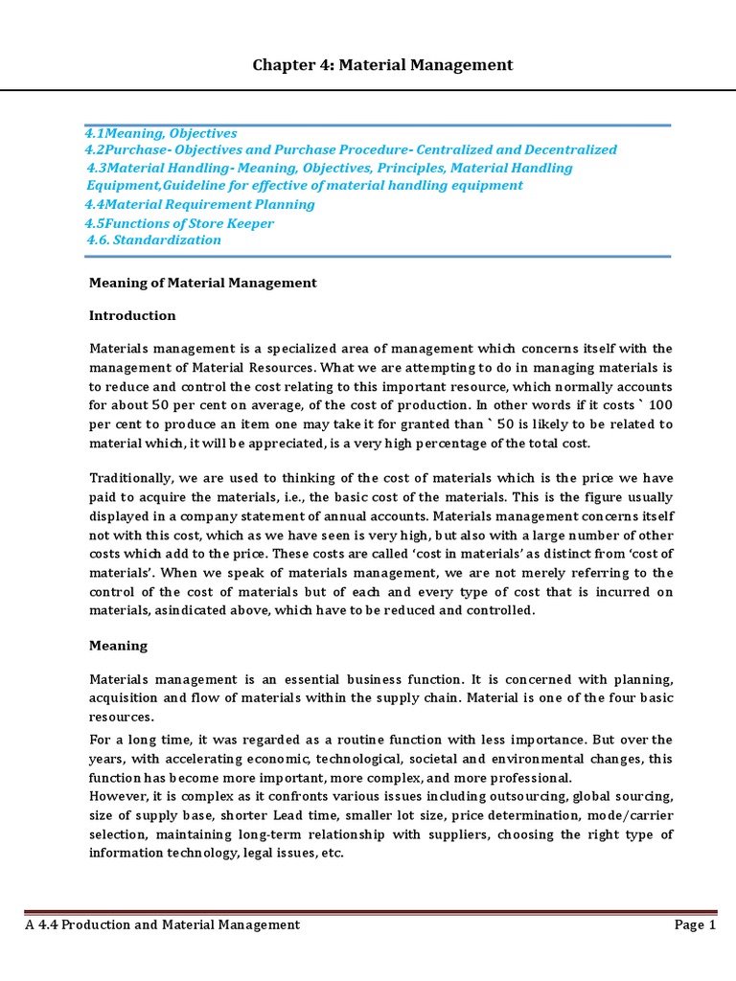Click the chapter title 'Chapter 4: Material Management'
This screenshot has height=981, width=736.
382,65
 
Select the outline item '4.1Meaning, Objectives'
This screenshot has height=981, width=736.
160,133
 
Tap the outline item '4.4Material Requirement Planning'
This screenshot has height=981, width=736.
199,204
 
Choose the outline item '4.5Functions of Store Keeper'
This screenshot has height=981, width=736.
179,223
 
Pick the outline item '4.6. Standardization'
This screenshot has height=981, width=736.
153,240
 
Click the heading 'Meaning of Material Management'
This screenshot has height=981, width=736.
202,283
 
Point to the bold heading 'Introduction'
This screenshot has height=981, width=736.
132,315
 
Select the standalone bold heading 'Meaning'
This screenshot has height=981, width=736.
118,646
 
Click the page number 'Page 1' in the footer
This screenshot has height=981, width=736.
696,924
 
